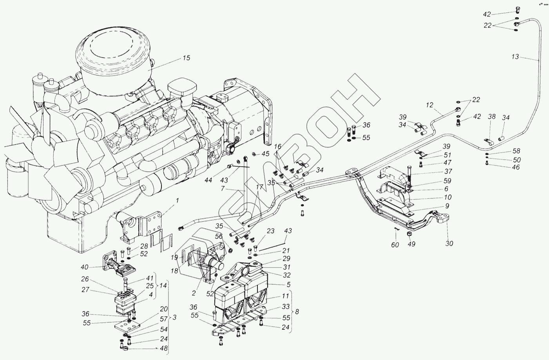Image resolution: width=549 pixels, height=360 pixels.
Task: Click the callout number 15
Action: [x=186, y=58]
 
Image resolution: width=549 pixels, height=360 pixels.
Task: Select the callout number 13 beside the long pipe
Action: [x=515, y=57]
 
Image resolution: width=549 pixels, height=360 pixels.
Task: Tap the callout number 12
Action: [x=430, y=105]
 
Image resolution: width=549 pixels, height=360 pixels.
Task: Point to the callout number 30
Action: [x=449, y=244]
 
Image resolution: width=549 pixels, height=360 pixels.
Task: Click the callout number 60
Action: [x=395, y=245]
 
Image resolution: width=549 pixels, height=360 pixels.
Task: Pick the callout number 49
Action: [x=411, y=244]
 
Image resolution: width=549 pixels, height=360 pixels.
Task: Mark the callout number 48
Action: [x=163, y=348]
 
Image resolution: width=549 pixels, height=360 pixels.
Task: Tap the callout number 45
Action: [x=266, y=153]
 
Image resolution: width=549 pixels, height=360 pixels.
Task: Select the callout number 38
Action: [x=492, y=116]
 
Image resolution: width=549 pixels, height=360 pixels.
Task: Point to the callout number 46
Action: [x=516, y=167]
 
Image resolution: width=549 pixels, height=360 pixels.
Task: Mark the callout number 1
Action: [x=177, y=200]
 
